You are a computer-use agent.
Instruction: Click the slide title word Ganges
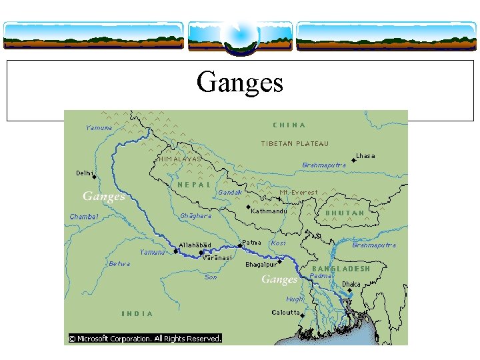point(240,83)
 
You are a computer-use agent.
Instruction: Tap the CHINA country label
point(289,125)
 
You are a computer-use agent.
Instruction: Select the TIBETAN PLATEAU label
point(294,143)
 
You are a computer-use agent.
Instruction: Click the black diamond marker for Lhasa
point(353,161)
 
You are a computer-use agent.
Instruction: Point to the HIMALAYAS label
point(180,159)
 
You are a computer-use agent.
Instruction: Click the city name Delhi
point(85,173)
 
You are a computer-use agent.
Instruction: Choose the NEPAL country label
point(194,185)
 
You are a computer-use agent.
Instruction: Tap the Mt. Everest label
point(299,192)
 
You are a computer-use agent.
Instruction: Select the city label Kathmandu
point(269,211)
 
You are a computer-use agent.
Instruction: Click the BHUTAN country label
point(345,213)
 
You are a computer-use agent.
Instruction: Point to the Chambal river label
point(84,216)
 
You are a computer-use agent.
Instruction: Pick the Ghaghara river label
point(195,216)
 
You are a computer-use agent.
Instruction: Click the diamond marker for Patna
point(240,245)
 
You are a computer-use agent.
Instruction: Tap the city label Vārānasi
point(217,257)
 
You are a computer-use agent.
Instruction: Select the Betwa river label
point(119,263)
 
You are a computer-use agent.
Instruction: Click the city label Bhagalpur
point(261,265)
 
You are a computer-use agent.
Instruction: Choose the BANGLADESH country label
point(341,269)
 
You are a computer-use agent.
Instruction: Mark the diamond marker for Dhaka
point(349,290)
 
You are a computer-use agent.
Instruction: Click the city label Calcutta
point(285,312)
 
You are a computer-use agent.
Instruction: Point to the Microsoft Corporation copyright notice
point(145,339)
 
